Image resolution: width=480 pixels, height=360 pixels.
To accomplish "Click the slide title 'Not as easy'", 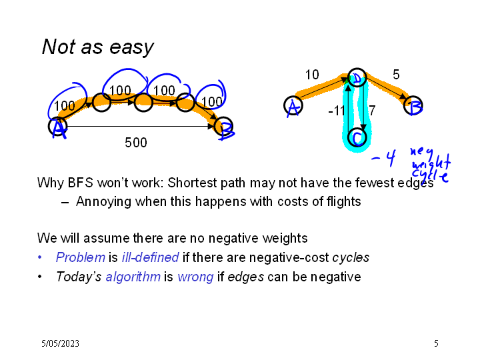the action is (x=97, y=47).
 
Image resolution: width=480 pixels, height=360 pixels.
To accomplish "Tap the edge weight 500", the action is (x=136, y=143).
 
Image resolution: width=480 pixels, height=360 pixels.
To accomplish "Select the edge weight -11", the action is (x=337, y=111).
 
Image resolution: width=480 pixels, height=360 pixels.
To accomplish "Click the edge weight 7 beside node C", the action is (x=372, y=111).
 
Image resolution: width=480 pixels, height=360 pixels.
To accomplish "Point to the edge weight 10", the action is (x=312, y=75).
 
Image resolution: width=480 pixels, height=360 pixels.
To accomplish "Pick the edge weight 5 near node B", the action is (x=396, y=75).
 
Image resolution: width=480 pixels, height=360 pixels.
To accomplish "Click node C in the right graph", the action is (x=357, y=138).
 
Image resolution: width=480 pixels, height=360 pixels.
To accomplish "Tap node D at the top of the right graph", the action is (x=357, y=77).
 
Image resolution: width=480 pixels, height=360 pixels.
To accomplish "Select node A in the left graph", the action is (x=58, y=126).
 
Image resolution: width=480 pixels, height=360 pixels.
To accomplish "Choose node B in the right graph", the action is (x=413, y=105).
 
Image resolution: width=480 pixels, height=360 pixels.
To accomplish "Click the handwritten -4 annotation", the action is (x=383, y=158).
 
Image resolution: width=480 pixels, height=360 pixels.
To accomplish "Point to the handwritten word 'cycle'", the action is (x=430, y=175).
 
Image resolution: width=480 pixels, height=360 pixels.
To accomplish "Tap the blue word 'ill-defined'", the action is (x=150, y=257).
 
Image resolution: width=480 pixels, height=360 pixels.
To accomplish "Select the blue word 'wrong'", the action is (x=195, y=277).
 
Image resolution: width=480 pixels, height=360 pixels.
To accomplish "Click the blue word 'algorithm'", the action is (x=133, y=277).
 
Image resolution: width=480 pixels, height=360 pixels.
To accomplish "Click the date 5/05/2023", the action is (x=60, y=343).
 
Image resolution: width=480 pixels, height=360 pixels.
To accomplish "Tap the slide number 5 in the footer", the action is (x=436, y=343).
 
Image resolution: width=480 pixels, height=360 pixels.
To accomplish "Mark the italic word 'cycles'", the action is (x=351, y=258).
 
